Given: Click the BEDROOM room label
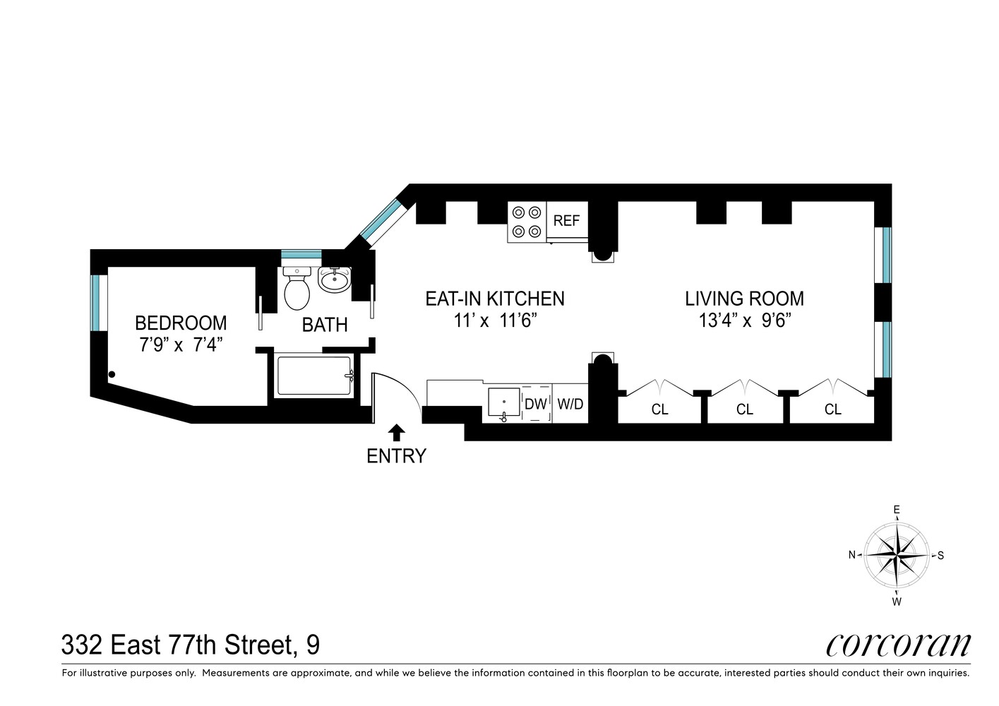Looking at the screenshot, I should point(181,323).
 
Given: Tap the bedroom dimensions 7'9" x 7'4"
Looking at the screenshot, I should point(181,346).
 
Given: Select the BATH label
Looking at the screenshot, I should point(325,325).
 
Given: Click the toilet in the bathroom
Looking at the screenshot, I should point(297,289).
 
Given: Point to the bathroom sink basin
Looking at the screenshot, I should point(333,281).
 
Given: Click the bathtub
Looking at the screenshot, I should point(314,376).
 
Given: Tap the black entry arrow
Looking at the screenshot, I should point(397,432).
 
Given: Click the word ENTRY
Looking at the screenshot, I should point(396,456).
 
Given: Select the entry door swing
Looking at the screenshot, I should point(395,392).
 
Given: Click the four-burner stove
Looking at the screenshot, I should point(527,222).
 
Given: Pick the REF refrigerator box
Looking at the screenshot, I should point(566,220).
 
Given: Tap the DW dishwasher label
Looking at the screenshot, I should point(536,404).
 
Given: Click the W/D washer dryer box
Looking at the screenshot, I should point(570,404).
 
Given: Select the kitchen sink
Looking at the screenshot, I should point(504,404).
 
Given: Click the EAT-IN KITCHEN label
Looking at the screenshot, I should point(494,299).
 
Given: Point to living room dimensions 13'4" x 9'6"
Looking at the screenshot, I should point(744,321).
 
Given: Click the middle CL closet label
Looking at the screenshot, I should point(744,409).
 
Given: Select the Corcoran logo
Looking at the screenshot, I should point(898,645).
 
